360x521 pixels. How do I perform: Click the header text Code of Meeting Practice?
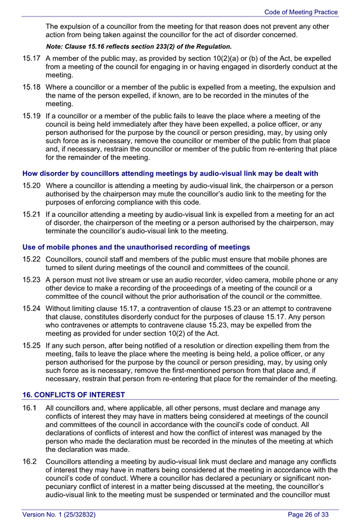[x=301, y=12]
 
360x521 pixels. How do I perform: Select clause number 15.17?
[x=31, y=58]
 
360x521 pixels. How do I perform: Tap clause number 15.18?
[x=31, y=87]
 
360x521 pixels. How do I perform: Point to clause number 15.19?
[x=31, y=116]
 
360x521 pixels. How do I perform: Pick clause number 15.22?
[x=31, y=259]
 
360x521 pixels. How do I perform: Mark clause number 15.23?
[x=31, y=280]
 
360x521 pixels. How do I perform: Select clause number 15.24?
[x=31, y=308]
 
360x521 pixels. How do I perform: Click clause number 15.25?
[x=31, y=346]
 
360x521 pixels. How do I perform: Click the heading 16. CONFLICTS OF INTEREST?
[x=74, y=395]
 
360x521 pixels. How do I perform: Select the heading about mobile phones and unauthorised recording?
[x=136, y=247]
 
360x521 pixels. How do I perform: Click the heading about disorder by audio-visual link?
[x=170, y=173]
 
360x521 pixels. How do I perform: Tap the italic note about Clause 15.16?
[x=138, y=46]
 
